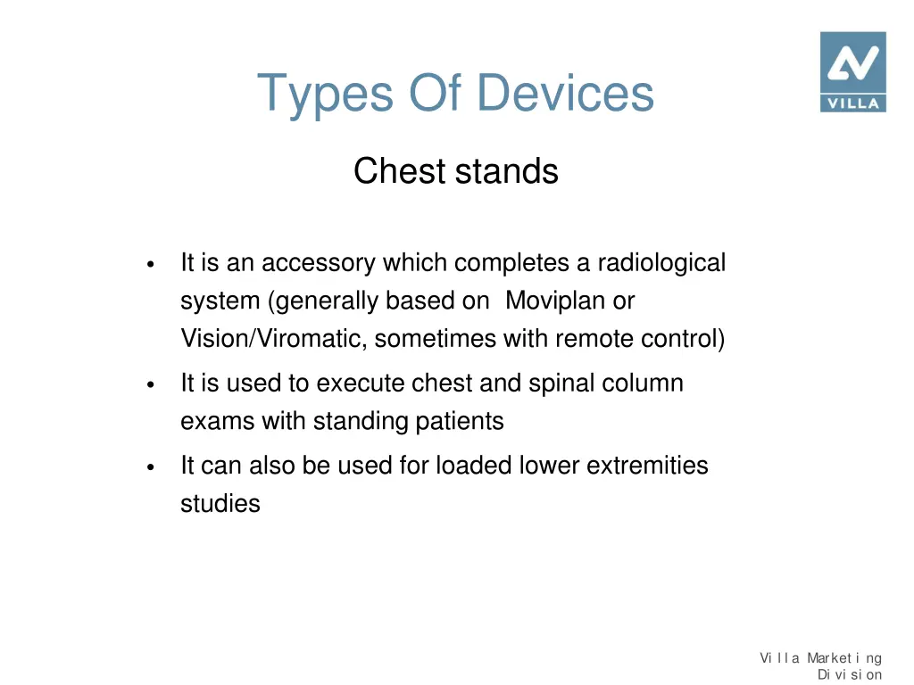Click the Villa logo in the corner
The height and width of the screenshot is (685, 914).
tap(852, 71)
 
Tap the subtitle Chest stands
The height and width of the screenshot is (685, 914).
tap(455, 171)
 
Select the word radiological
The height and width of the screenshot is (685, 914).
tap(661, 263)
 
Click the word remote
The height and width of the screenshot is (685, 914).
tap(591, 340)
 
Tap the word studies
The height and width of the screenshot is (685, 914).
tap(220, 504)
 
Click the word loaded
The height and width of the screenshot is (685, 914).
tap(474, 466)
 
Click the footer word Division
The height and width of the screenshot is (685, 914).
tap(850, 674)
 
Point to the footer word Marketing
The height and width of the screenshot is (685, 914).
tap(844, 658)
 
